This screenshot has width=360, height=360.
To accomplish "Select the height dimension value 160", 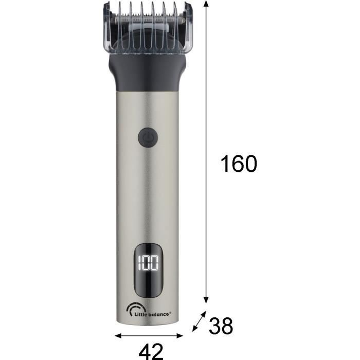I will tap(238, 164).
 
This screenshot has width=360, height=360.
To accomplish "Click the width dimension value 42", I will tap(151, 351).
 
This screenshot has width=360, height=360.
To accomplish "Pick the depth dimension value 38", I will tap(220, 326).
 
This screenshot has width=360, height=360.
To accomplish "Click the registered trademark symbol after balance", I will tap(170, 311).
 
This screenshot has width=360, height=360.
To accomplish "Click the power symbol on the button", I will tap(148, 137).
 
